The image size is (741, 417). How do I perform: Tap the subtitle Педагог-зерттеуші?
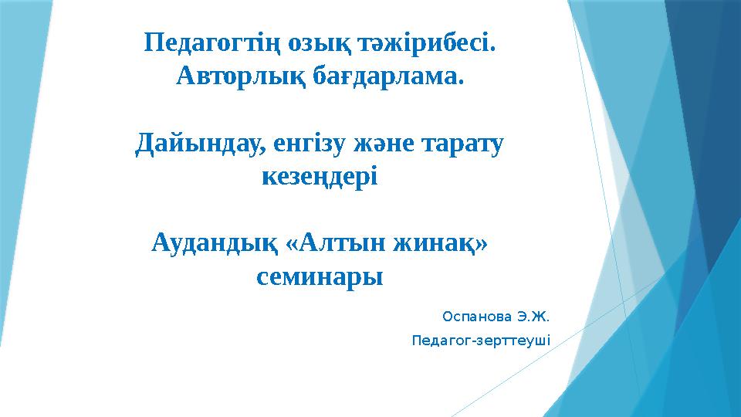point(482,340)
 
